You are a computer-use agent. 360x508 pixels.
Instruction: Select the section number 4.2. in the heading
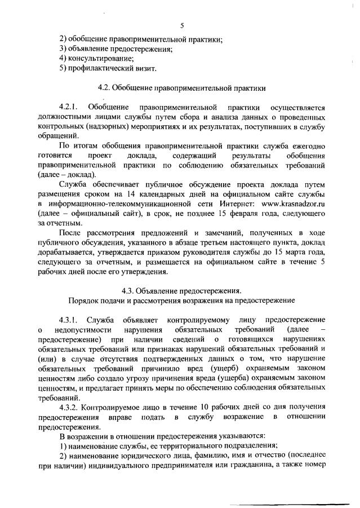tap(104, 88)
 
